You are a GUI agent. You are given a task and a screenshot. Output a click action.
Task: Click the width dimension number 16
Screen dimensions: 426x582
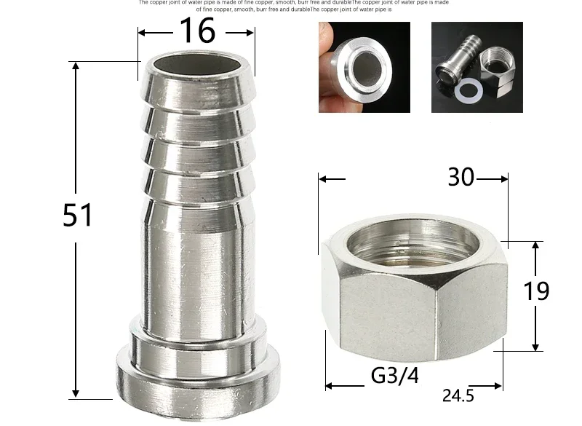(197, 31)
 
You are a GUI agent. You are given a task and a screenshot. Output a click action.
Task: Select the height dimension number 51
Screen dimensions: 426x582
(77, 216)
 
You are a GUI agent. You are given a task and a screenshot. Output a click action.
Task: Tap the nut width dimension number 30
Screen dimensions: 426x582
(461, 176)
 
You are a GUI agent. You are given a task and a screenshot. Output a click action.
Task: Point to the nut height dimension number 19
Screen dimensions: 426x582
(536, 291)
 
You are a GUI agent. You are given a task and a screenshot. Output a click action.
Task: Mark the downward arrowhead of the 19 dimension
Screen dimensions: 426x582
(535, 345)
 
